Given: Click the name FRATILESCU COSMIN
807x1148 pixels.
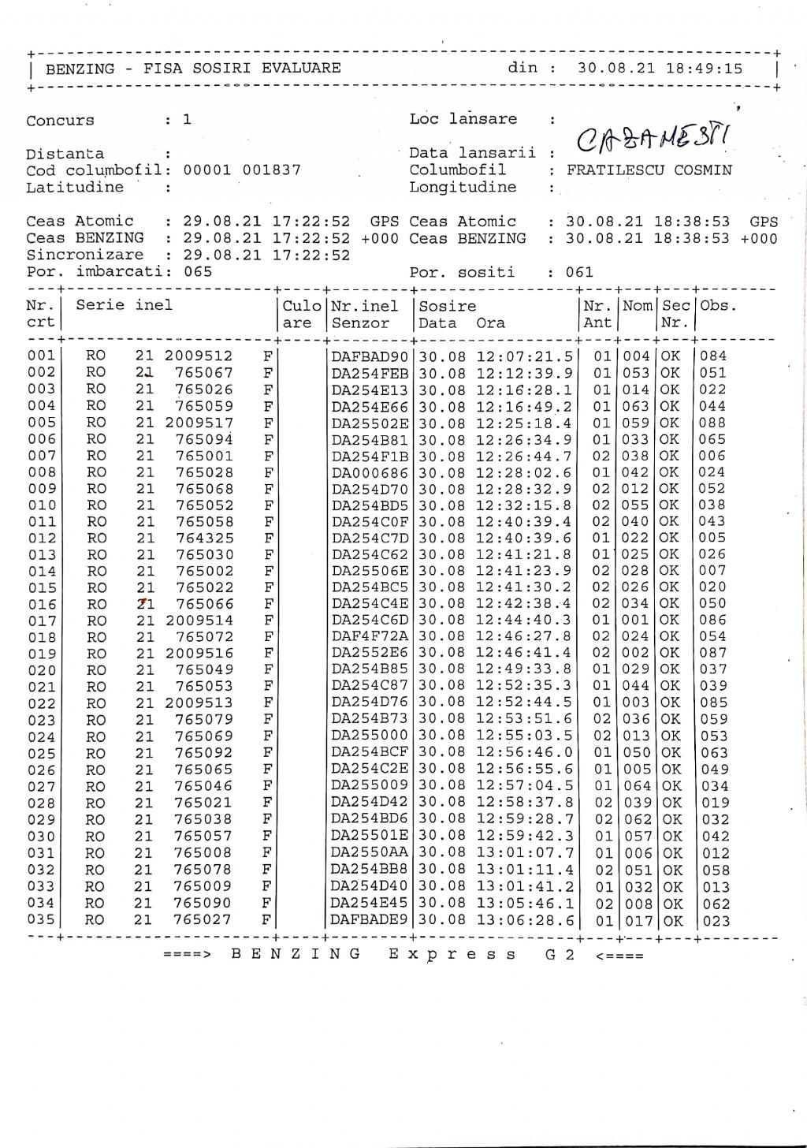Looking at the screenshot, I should [x=649, y=170].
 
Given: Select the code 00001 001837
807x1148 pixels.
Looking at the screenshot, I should [x=242, y=170].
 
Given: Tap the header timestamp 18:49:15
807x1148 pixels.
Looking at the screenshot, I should [x=705, y=69].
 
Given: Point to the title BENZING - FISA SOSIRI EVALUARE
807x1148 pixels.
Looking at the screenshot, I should [x=193, y=69].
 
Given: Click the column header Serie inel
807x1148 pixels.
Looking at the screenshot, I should [x=124, y=306].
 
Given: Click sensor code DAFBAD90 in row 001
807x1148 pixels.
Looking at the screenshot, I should [x=370, y=356].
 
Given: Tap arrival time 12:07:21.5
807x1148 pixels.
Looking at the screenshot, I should [x=525, y=356].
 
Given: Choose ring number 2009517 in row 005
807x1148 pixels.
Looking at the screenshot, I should [x=199, y=423].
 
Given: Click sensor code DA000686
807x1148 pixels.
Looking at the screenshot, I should [x=370, y=472].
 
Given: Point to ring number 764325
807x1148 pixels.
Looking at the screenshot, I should [x=203, y=539].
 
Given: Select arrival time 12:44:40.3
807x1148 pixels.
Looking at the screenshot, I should [x=525, y=621].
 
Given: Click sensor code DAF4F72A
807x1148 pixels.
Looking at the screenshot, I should [x=370, y=637].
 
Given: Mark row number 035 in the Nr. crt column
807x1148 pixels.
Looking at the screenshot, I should [x=41, y=920].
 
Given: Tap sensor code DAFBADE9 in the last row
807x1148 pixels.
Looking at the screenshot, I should [x=370, y=920].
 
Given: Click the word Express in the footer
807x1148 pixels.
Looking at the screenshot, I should [x=453, y=955].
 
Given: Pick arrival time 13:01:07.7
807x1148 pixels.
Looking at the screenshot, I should [x=525, y=853].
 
